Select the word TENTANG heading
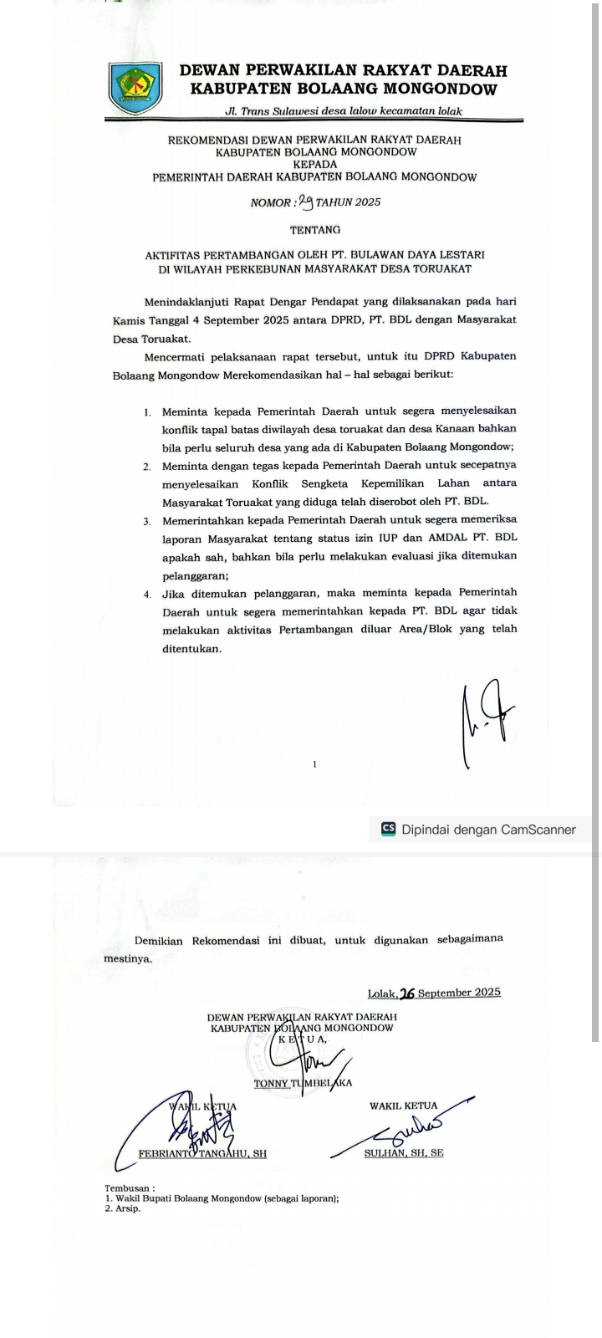315,229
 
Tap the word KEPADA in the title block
315,165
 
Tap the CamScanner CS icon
388,830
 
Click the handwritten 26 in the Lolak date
408,993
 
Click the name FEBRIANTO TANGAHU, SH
202,1153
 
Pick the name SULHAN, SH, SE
404,1153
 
